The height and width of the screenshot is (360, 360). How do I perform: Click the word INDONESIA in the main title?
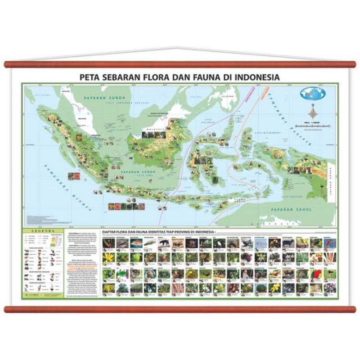pyautogui.click(x=256, y=77)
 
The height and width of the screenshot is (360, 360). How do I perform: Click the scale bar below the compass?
pyautogui.click(x=315, y=127)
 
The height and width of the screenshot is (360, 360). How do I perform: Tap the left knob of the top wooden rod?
pyautogui.click(x=6, y=64)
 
